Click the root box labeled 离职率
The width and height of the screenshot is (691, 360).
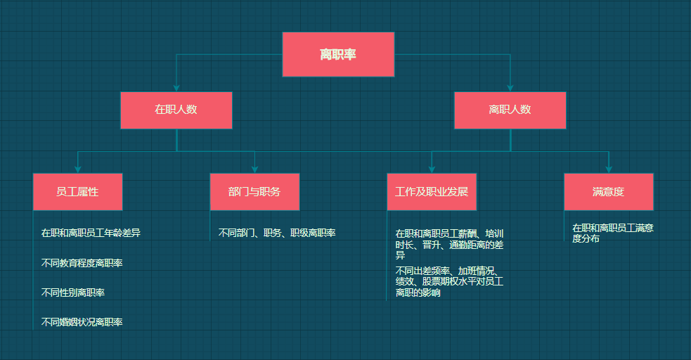click(338, 54)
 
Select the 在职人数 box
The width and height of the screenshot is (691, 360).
click(176, 110)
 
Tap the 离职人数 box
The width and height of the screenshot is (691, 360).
click(510, 110)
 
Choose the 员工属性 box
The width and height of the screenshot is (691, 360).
click(77, 191)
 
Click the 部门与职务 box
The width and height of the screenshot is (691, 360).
click(254, 191)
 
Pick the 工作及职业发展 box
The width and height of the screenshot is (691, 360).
click(432, 191)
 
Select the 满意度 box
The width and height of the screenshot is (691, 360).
click(609, 191)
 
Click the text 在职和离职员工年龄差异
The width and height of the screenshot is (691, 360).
click(91, 233)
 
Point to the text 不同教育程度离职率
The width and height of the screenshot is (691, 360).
click(82, 263)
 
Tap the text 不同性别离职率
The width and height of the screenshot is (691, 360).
click(73, 292)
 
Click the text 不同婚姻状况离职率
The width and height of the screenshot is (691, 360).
click(82, 322)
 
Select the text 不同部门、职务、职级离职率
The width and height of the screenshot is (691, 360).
click(277, 233)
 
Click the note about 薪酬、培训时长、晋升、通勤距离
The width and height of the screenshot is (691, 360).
click(449, 244)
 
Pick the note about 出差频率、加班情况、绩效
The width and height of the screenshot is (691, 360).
click(449, 281)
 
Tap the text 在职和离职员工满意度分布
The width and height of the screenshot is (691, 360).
click(613, 233)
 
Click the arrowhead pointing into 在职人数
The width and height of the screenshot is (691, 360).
click(176, 88)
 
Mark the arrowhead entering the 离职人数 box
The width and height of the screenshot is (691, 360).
click(510, 88)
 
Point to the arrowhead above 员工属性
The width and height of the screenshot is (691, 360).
click(77, 169)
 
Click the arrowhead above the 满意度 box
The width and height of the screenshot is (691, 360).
click(609, 169)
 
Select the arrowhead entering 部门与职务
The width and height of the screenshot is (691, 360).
click(254, 169)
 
